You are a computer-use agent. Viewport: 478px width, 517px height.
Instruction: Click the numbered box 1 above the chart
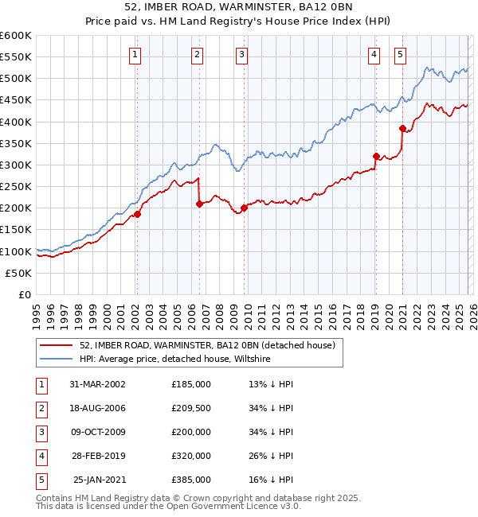136,55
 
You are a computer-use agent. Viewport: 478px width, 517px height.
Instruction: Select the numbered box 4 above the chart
374,55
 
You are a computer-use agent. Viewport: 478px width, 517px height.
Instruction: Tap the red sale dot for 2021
402,128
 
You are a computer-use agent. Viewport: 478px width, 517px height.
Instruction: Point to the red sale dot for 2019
376,156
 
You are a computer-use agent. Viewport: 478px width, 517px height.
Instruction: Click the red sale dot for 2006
199,204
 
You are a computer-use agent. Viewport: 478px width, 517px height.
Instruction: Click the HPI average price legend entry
175,360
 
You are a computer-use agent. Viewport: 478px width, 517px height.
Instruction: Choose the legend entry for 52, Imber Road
206,345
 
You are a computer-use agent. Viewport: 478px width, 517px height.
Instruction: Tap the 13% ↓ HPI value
271,383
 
